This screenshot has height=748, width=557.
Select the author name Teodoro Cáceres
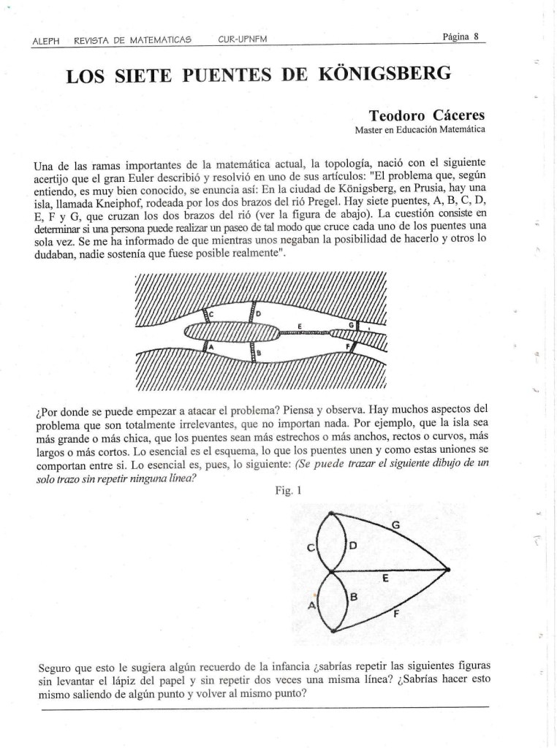click(x=426, y=115)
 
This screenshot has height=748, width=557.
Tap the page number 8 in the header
click(x=476, y=37)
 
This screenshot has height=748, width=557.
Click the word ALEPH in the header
click(x=47, y=40)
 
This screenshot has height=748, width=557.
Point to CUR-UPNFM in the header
click(x=243, y=39)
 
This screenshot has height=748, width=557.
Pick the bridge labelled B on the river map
click(x=253, y=353)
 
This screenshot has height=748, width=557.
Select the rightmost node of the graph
click(x=447, y=569)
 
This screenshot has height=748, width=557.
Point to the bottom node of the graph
click(x=333, y=630)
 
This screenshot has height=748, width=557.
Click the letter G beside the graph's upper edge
click(x=395, y=524)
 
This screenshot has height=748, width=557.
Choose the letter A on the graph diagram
click(x=312, y=606)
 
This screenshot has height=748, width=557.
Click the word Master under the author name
click(x=368, y=130)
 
